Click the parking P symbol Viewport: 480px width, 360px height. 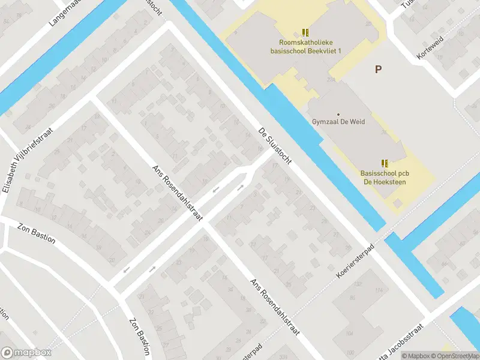[378, 70]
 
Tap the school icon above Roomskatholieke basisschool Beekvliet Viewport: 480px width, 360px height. [305, 32]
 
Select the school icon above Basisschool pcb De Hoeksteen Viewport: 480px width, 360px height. [384, 163]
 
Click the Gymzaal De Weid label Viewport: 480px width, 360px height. [338, 121]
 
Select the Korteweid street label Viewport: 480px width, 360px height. [429, 50]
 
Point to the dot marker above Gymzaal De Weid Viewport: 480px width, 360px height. [338, 114]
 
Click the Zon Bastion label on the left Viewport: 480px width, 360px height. [36, 233]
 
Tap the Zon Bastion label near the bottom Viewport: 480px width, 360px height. [139, 335]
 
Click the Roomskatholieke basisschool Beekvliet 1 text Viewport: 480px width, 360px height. [305, 47]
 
